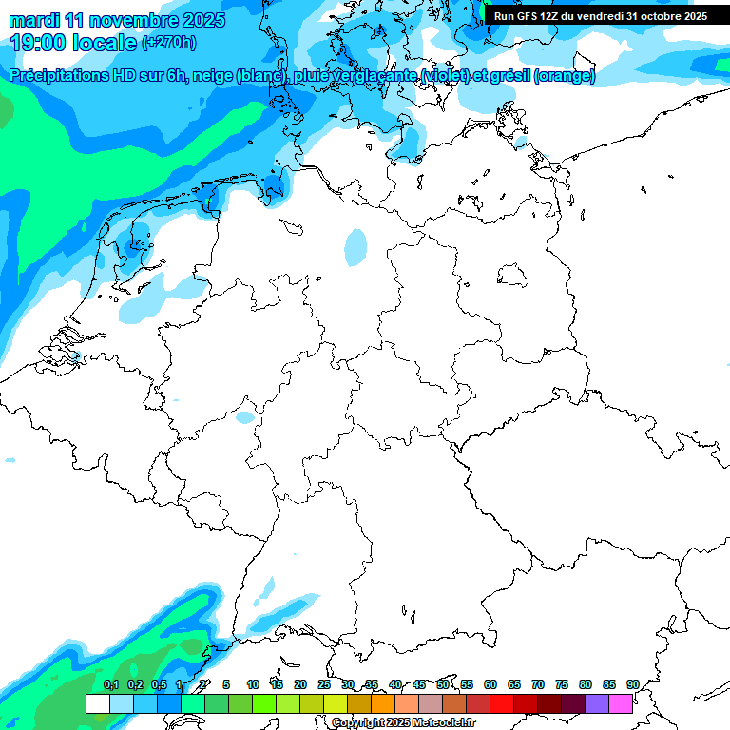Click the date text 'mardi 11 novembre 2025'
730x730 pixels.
click(117, 20)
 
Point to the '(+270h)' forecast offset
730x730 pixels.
click(169, 43)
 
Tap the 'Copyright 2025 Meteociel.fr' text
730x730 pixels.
click(403, 722)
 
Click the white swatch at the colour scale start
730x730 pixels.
click(97, 703)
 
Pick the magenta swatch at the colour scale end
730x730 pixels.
click(621, 703)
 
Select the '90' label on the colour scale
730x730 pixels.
click(632, 684)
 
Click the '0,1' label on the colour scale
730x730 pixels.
click(110, 684)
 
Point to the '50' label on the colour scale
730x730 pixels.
click(443, 684)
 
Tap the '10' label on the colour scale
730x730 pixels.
click(253, 684)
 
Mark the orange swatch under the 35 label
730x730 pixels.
click(383, 703)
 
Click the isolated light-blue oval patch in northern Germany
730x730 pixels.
click(355, 246)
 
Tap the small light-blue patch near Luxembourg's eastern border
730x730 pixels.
click(245, 416)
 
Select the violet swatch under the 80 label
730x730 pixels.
click(597, 703)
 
